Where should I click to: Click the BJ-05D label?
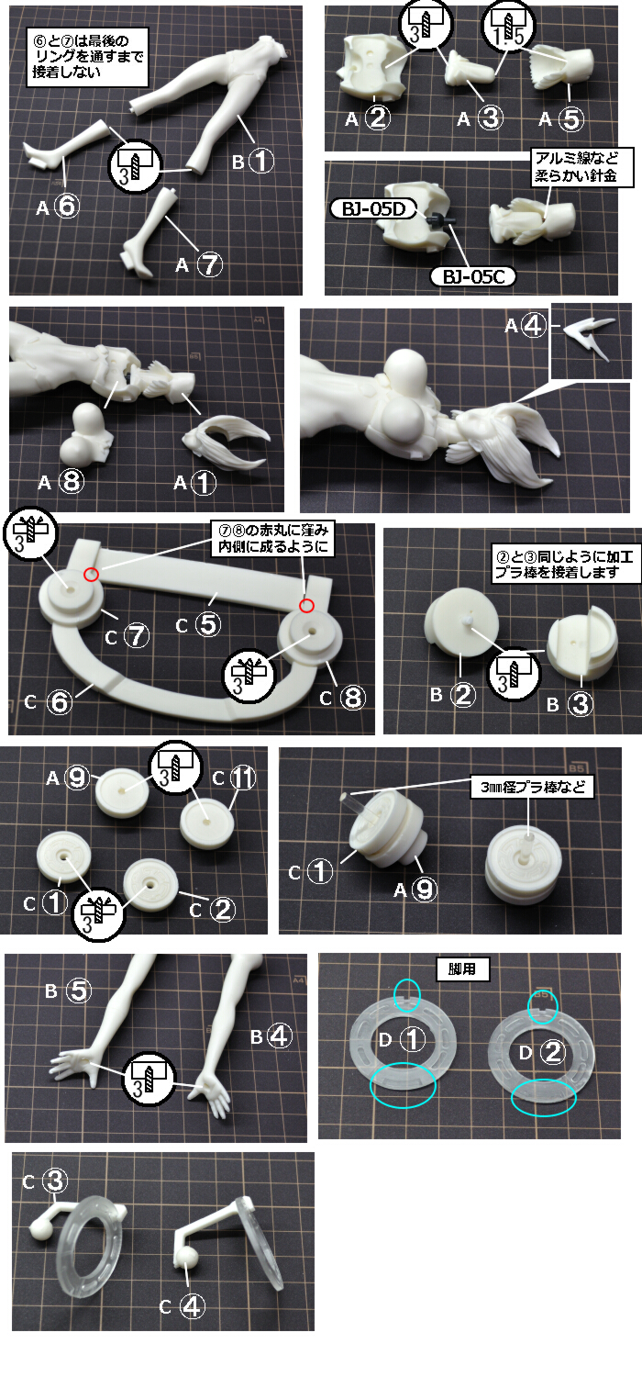point(374,209)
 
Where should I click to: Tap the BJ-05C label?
point(474,276)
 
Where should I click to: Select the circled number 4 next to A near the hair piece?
point(533,325)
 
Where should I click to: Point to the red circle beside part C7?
point(92,574)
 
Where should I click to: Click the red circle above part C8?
point(306,606)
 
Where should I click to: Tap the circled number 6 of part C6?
point(60,701)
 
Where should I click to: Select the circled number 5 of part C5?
point(207,624)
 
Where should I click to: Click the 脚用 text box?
point(461,969)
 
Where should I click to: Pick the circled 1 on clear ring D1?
point(412,1039)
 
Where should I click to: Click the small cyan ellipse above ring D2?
point(542,1006)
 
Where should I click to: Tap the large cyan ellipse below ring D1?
point(403,1085)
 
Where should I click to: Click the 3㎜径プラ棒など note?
point(533,788)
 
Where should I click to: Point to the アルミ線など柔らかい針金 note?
point(576,166)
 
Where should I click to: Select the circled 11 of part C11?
point(243,778)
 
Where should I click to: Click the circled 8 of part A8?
point(72,481)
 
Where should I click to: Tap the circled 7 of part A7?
point(209,264)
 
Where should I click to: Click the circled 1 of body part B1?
point(260,161)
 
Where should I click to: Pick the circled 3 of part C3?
point(55,1181)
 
